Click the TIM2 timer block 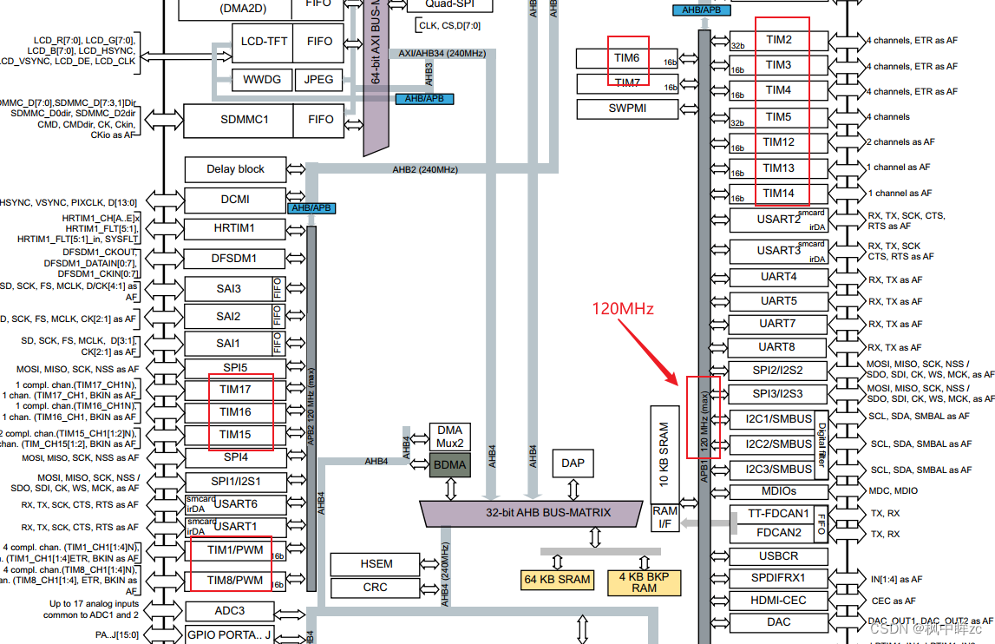[x=778, y=40]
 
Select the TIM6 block [x=626, y=58]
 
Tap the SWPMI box [x=626, y=108]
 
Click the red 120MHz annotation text [x=622, y=308]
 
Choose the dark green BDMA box [x=449, y=464]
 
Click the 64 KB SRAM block [x=557, y=580]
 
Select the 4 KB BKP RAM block [x=644, y=582]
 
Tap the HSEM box [x=376, y=564]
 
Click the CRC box [x=376, y=588]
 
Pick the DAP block [x=573, y=463]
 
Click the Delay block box [x=235, y=169]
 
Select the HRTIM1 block [x=235, y=229]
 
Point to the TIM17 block [x=235, y=390]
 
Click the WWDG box [x=262, y=80]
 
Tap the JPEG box [x=318, y=80]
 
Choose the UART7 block [x=778, y=324]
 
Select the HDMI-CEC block [x=778, y=600]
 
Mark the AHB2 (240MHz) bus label [x=425, y=169]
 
